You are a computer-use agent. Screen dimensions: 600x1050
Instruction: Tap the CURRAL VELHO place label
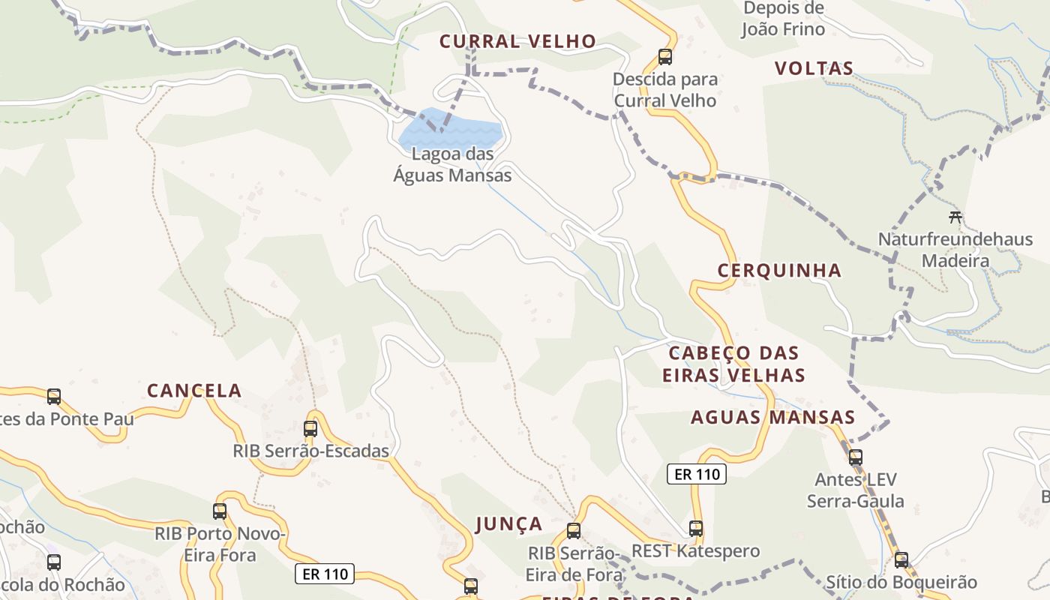(x=517, y=41)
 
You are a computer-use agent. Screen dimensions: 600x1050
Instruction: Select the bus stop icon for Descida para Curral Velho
(x=664, y=56)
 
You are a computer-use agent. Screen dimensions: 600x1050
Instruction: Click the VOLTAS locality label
(x=814, y=68)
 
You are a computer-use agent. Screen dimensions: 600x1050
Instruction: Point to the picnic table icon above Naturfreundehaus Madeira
(x=955, y=217)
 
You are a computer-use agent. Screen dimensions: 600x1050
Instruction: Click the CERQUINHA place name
(x=779, y=271)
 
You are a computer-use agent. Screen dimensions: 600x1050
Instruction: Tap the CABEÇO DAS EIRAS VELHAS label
(x=733, y=364)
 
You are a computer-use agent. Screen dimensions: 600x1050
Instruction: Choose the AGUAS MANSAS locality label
(x=772, y=418)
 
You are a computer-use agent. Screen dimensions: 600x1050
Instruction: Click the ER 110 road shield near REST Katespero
(x=697, y=474)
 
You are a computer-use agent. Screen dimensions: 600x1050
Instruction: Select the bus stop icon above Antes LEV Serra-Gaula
(x=855, y=457)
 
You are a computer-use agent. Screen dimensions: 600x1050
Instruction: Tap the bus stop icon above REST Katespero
(x=696, y=529)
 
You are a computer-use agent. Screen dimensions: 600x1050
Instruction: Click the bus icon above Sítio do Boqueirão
(x=901, y=559)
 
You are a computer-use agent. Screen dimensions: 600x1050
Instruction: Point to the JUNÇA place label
(x=508, y=523)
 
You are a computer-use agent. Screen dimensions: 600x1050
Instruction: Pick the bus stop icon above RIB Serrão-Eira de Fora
(x=574, y=531)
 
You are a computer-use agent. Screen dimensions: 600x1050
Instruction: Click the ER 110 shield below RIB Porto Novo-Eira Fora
(x=324, y=574)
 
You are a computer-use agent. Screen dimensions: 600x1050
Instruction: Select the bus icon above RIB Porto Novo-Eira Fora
(x=220, y=511)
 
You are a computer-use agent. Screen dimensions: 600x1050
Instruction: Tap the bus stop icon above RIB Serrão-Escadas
(x=310, y=429)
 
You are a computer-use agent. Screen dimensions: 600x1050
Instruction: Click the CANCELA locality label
(x=194, y=391)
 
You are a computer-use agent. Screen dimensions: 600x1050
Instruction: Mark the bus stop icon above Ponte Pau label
(x=54, y=396)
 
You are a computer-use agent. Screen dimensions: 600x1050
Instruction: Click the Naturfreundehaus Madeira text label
(x=955, y=250)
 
